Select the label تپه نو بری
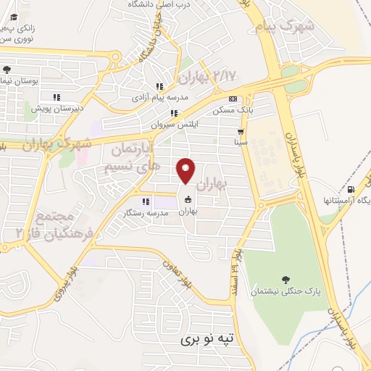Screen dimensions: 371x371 [209, 338]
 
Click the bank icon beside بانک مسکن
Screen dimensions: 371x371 [232, 99]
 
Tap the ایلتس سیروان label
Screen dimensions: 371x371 [174, 124]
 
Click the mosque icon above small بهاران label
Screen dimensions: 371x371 [188, 201]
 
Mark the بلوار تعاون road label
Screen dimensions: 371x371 [177, 272]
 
